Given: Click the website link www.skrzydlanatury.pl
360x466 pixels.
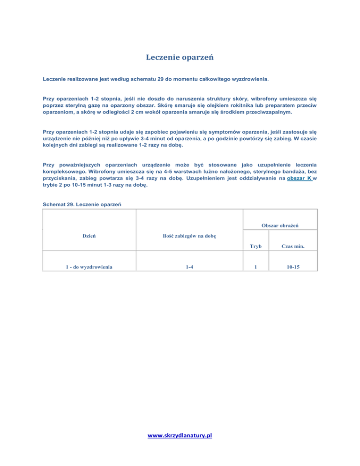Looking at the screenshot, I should (180, 436).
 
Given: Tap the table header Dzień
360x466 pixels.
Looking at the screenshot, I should (90, 235).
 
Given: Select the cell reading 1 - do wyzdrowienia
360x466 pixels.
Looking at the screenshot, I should (90, 267).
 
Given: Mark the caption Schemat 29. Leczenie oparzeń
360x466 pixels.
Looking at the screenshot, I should (82, 204).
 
